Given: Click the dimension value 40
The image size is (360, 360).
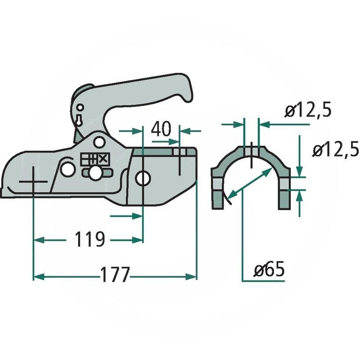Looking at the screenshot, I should click(161, 129).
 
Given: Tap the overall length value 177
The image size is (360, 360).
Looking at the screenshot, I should click(115, 275).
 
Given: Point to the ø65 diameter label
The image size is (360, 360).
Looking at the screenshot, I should click(269, 270).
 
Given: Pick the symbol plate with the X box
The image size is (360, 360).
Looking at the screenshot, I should click(94, 159).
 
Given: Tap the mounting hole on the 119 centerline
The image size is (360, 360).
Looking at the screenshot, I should click(143, 178).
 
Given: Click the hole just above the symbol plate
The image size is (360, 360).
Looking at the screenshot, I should click(99, 144).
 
